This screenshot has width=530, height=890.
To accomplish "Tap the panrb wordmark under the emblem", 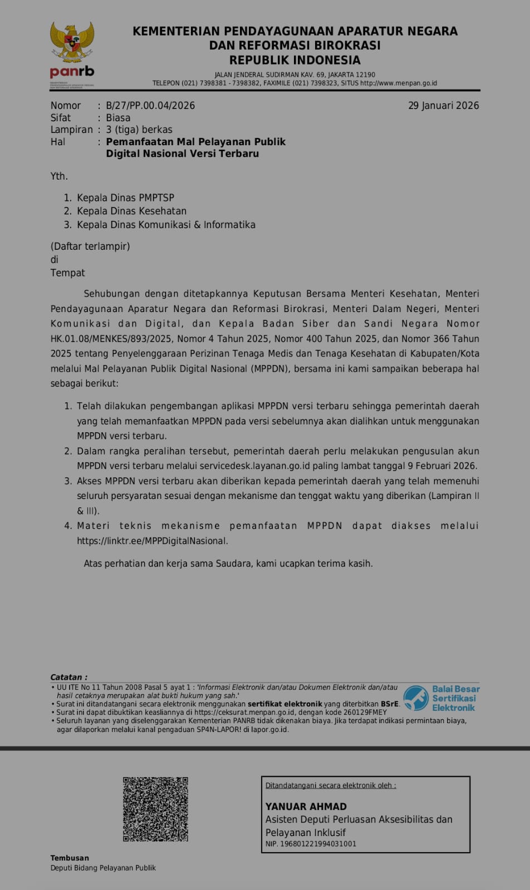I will pos(72,72).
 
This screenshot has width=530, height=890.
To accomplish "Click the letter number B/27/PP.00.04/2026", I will pos(150,106).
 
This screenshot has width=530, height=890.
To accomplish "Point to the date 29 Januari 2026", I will pos(443,106).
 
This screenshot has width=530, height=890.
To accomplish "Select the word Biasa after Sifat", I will pos(118,118).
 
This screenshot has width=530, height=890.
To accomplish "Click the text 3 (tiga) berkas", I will pos(139,130).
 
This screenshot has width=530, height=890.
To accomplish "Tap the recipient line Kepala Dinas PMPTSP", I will pos(125,198).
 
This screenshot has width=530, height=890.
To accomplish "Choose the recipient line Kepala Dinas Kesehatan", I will pos(131,211).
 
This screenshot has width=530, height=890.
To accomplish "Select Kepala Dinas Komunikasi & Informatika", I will pos(166,225).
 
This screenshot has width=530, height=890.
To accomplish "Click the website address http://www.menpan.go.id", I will pos(399,83).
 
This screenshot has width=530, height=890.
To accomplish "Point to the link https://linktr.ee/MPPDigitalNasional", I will pos(152,541).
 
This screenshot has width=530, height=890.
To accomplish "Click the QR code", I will pos(155,809).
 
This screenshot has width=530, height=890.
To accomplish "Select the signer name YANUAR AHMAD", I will pos(306,807).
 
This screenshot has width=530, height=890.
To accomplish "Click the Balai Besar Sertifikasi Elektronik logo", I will pos(441,698).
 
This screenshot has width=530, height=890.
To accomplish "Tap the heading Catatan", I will pos(68,677).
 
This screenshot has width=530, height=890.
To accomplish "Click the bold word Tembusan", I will pos(70,858).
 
